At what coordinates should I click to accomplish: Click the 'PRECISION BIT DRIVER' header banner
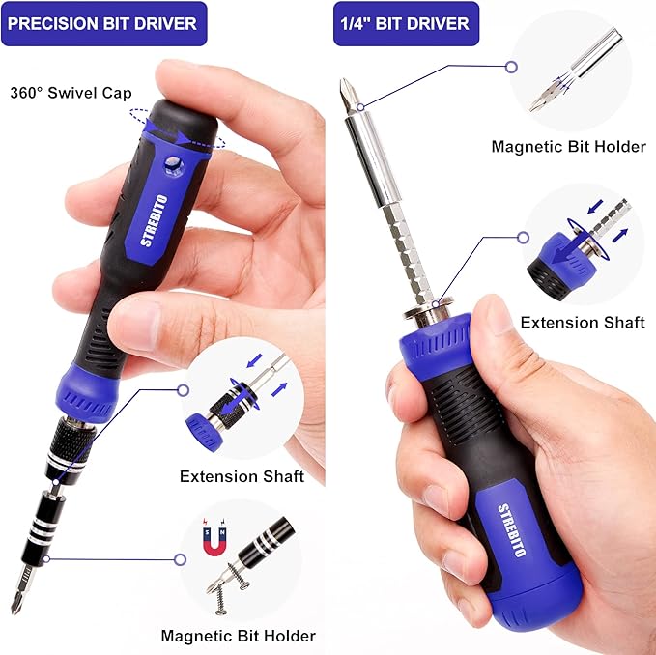pyautogui.click(x=103, y=23)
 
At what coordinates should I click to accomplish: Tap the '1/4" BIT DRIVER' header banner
pyautogui.click(x=406, y=23)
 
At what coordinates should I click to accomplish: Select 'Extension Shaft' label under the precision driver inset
pyautogui.click(x=242, y=476)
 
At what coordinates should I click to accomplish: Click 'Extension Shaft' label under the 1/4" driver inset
pyautogui.click(x=582, y=323)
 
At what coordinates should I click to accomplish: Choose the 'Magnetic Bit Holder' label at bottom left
pyautogui.click(x=238, y=636)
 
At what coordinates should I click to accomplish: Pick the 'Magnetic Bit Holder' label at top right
pyautogui.click(x=568, y=147)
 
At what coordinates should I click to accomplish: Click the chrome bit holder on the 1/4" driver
pyautogui.click(x=368, y=155)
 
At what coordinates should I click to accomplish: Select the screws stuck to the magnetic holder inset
pyautogui.click(x=228, y=584)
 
